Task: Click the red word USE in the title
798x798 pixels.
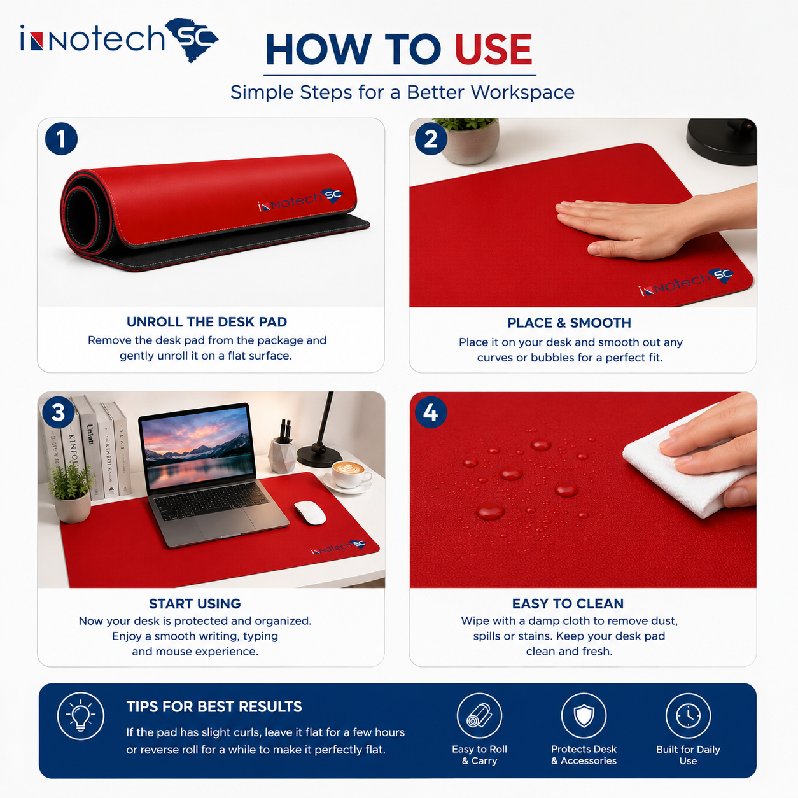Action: click(493, 49)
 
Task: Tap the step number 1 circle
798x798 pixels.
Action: click(61, 139)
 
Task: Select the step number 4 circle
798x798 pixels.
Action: click(431, 412)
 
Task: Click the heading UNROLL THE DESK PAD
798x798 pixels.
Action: click(207, 322)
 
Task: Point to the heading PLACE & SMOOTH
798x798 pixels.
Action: click(570, 323)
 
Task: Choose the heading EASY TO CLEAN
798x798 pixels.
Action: click(568, 603)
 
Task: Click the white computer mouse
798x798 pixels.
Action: click(310, 513)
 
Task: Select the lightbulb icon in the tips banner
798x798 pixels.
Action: click(81, 716)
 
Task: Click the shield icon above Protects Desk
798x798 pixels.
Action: click(584, 716)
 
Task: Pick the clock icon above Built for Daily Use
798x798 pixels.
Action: click(689, 716)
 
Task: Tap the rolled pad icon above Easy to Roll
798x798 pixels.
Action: click(480, 716)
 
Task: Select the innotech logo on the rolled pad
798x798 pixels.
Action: click(300, 200)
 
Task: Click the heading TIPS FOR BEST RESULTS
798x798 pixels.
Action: click(214, 706)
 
